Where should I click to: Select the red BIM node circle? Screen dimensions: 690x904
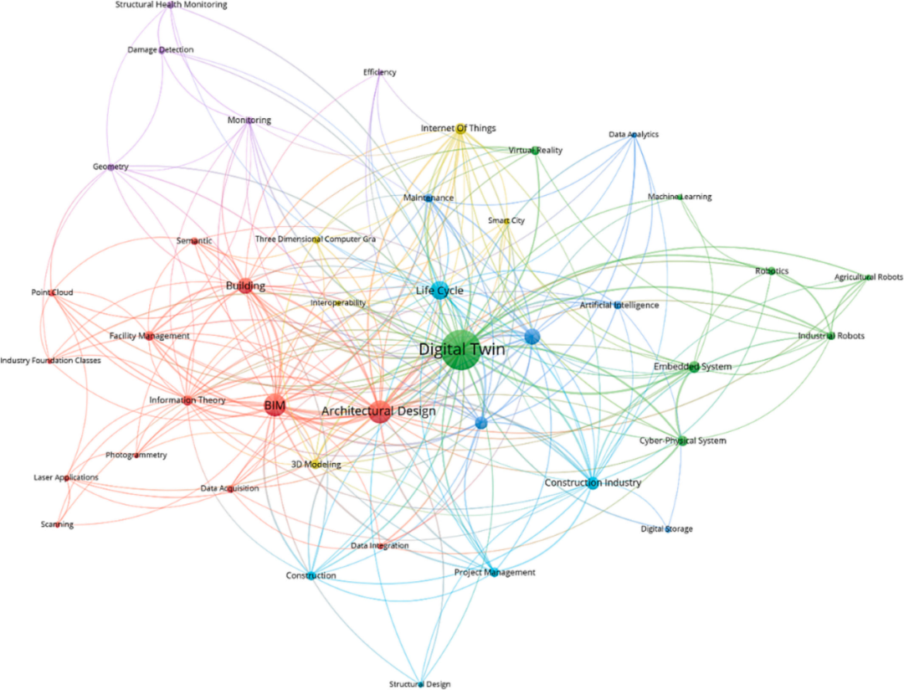[275, 407]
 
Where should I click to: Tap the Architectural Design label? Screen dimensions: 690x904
[378, 411]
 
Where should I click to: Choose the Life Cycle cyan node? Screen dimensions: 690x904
[440, 291]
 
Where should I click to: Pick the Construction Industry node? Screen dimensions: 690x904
[593, 483]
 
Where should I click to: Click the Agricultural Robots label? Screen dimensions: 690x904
[868, 277]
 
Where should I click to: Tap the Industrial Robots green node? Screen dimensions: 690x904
[830, 337]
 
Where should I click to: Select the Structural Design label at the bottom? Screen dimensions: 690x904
[421, 684]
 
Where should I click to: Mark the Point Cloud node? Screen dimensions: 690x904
[53, 293]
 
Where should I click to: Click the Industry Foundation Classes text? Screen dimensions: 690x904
[50, 361]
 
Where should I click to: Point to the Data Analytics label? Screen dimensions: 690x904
[634, 134]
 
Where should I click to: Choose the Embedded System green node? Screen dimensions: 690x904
[693, 367]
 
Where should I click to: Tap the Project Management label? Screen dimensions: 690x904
[494, 573]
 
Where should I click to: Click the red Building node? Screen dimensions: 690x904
[245, 286]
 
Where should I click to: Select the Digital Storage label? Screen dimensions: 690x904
[667, 529]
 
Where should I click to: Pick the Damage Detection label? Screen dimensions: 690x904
[160, 50]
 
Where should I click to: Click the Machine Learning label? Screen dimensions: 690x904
[680, 197]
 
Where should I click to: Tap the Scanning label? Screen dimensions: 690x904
[57, 525]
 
